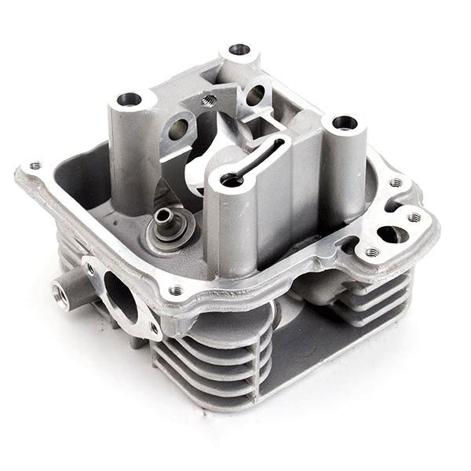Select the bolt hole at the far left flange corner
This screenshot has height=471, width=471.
[35, 166]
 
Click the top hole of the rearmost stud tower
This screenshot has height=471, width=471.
[239, 49]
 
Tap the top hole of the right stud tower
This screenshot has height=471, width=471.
[344, 122]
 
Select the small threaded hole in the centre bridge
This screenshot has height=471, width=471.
[208, 100]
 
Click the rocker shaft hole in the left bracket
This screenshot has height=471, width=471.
[178, 129]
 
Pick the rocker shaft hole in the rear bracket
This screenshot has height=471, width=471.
[255, 97]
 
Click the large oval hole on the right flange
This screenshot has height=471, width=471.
[389, 234]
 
